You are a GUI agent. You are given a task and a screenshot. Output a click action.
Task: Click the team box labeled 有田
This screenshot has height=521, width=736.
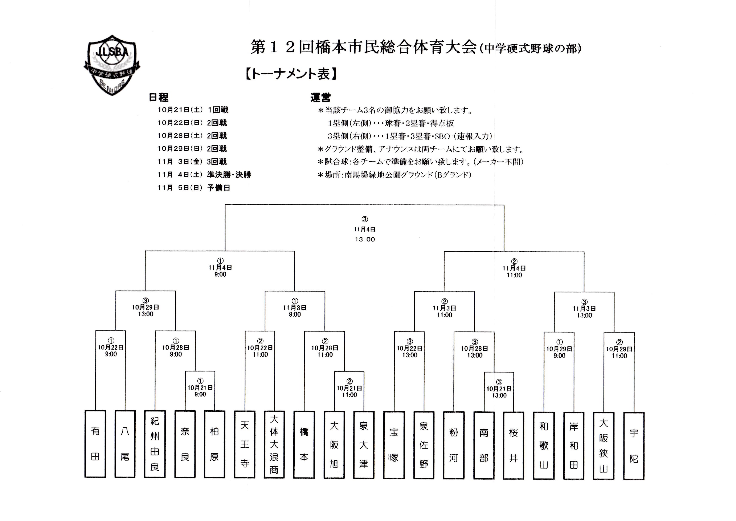click(95, 444)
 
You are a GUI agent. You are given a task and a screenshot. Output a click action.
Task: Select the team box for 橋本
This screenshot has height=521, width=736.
click(304, 445)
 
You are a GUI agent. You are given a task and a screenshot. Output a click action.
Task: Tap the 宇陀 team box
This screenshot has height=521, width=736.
click(634, 446)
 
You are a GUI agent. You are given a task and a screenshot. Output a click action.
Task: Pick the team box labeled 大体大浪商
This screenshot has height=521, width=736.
click(274, 445)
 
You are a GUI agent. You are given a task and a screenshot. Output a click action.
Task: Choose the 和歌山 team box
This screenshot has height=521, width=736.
click(544, 446)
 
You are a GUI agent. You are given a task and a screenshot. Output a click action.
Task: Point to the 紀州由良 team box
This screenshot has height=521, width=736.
click(155, 444)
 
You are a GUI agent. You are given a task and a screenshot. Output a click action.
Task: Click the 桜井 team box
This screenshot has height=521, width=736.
click(514, 446)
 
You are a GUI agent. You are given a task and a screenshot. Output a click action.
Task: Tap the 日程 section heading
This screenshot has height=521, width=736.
click(158, 97)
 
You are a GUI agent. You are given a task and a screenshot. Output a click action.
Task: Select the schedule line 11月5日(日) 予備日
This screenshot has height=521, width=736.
click(194, 188)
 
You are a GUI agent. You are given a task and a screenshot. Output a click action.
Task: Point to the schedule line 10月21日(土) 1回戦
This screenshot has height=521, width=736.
click(193, 110)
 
